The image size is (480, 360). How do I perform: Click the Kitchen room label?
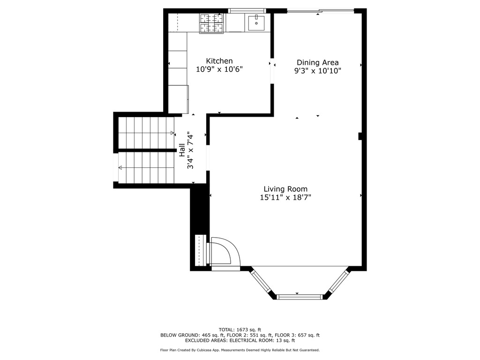(x=219, y=61)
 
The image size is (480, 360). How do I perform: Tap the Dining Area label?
(x=317, y=62)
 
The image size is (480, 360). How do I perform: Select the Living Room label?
(x=285, y=189)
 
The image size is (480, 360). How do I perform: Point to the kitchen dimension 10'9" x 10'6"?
(x=219, y=69)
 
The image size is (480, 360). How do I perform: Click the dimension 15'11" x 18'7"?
(x=285, y=197)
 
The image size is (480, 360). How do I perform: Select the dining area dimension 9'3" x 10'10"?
(x=317, y=71)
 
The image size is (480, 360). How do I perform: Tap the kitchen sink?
(x=256, y=22)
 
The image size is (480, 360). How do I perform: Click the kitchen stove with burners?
(x=212, y=23)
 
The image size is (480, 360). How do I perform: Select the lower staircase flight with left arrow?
(x=145, y=167)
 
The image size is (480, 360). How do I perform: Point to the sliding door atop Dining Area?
(x=320, y=10)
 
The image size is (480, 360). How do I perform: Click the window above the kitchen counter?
(x=247, y=10)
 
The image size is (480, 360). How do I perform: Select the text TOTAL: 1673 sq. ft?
(x=240, y=329)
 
